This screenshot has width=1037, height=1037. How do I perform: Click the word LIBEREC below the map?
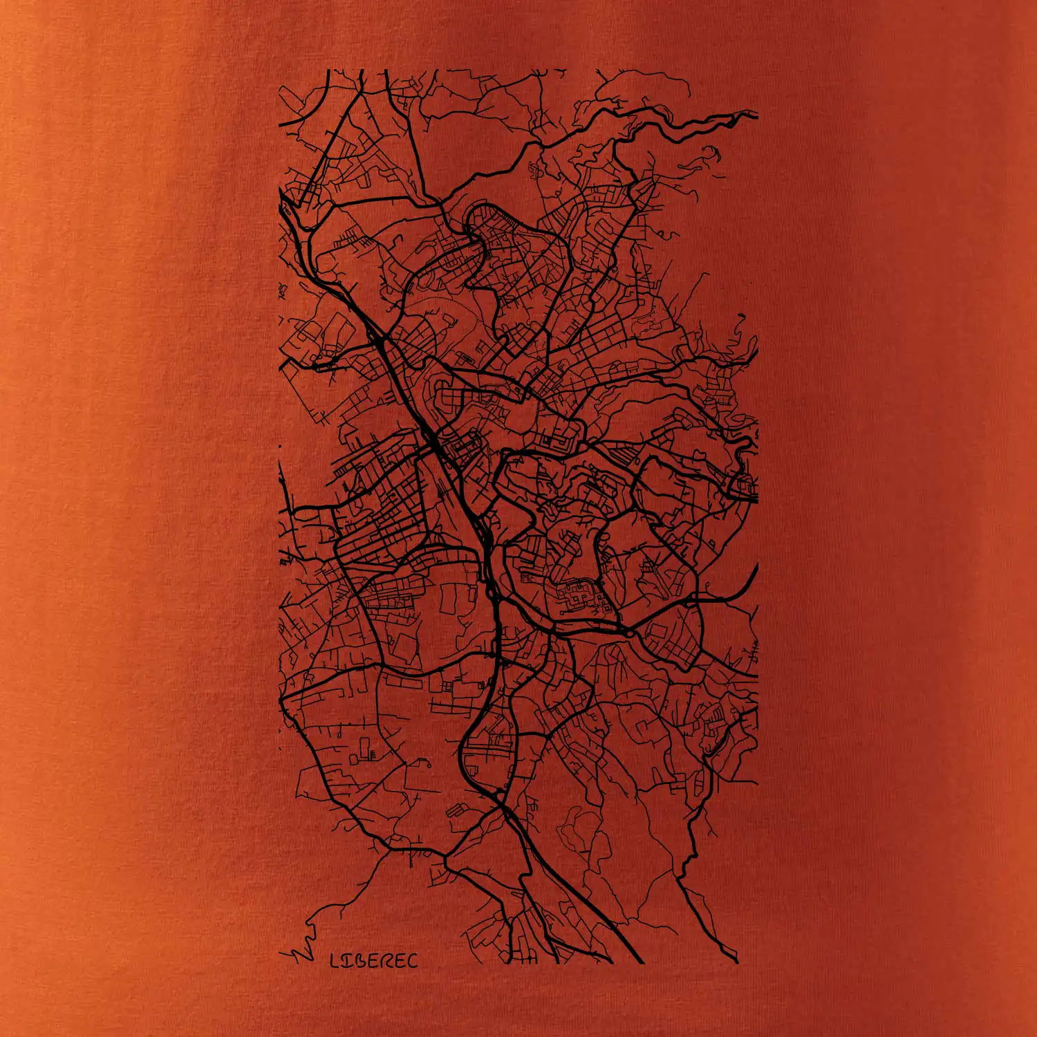(x=374, y=960)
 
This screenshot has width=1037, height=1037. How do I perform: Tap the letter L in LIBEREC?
(x=335, y=960)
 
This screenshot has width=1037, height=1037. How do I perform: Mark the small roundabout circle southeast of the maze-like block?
(x=629, y=632)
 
